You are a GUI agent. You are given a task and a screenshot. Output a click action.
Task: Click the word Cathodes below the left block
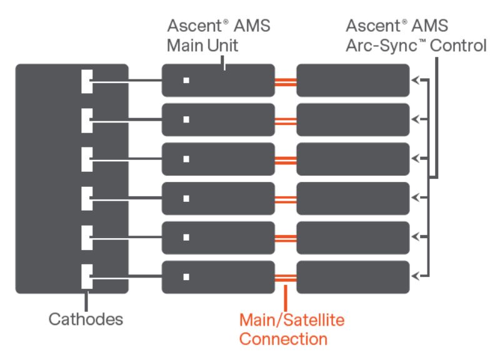[86, 319]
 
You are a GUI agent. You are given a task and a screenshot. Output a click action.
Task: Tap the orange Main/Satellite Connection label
[292, 329]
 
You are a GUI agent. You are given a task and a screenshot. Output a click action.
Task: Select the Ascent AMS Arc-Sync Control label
[416, 37]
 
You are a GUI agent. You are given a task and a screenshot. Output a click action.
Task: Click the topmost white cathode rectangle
[87, 81]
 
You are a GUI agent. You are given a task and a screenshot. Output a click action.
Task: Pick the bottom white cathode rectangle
[87, 276]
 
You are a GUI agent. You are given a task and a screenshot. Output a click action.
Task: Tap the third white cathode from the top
[87, 159]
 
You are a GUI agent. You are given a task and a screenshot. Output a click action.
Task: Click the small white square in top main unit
[186, 81]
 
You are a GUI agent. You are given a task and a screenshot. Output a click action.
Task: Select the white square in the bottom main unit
[186, 276]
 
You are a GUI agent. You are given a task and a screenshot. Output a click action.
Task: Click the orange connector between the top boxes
[286, 81]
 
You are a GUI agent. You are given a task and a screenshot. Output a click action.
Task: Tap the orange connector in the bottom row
[286, 276]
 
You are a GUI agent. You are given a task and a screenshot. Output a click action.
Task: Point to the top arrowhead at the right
[416, 81]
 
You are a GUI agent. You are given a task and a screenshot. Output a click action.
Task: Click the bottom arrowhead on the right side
[416, 276]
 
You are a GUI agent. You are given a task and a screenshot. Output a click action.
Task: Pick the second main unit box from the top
[218, 120]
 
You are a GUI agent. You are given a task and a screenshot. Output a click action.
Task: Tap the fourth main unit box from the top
[218, 198]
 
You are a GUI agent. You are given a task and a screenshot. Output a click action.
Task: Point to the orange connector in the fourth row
[286, 198]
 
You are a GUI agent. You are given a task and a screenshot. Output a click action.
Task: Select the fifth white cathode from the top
[87, 237]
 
